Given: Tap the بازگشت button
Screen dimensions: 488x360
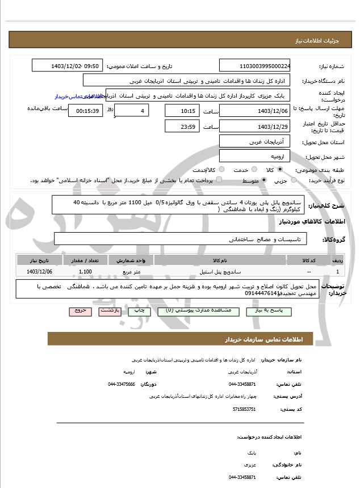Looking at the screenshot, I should click(x=108, y=311).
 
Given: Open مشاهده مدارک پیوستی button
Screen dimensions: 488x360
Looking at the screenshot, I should click(x=187, y=311).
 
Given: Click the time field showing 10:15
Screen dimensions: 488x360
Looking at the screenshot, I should click(x=182, y=111).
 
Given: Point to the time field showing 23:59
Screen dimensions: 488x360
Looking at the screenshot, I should click(x=182, y=127).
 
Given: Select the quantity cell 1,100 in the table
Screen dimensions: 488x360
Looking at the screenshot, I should click(x=86, y=272).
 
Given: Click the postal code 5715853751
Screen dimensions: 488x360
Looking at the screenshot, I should click(x=244, y=409).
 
